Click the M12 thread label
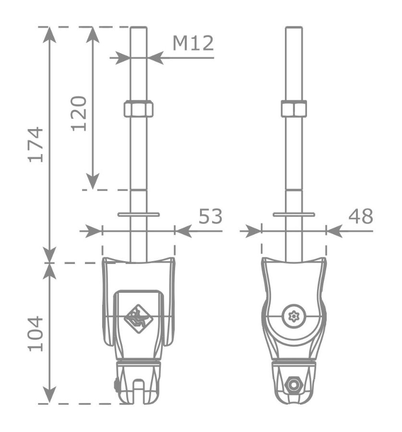tap(193, 43)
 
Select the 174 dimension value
tap(36, 144)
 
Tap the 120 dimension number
tap(79, 113)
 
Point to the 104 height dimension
tap(36, 334)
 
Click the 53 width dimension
tap(211, 216)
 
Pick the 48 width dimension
tap(361, 216)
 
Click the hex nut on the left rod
tap(139, 108)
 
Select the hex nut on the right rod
tap(294, 108)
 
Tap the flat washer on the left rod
tap(139, 215)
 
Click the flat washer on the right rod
tap(294, 215)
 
